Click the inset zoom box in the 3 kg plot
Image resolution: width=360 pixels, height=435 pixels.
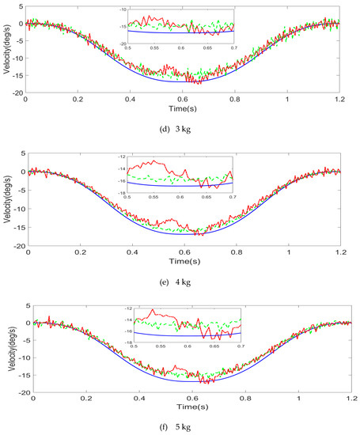(x=183, y=25)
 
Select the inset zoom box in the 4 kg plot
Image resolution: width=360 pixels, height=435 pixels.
(x=184, y=175)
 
